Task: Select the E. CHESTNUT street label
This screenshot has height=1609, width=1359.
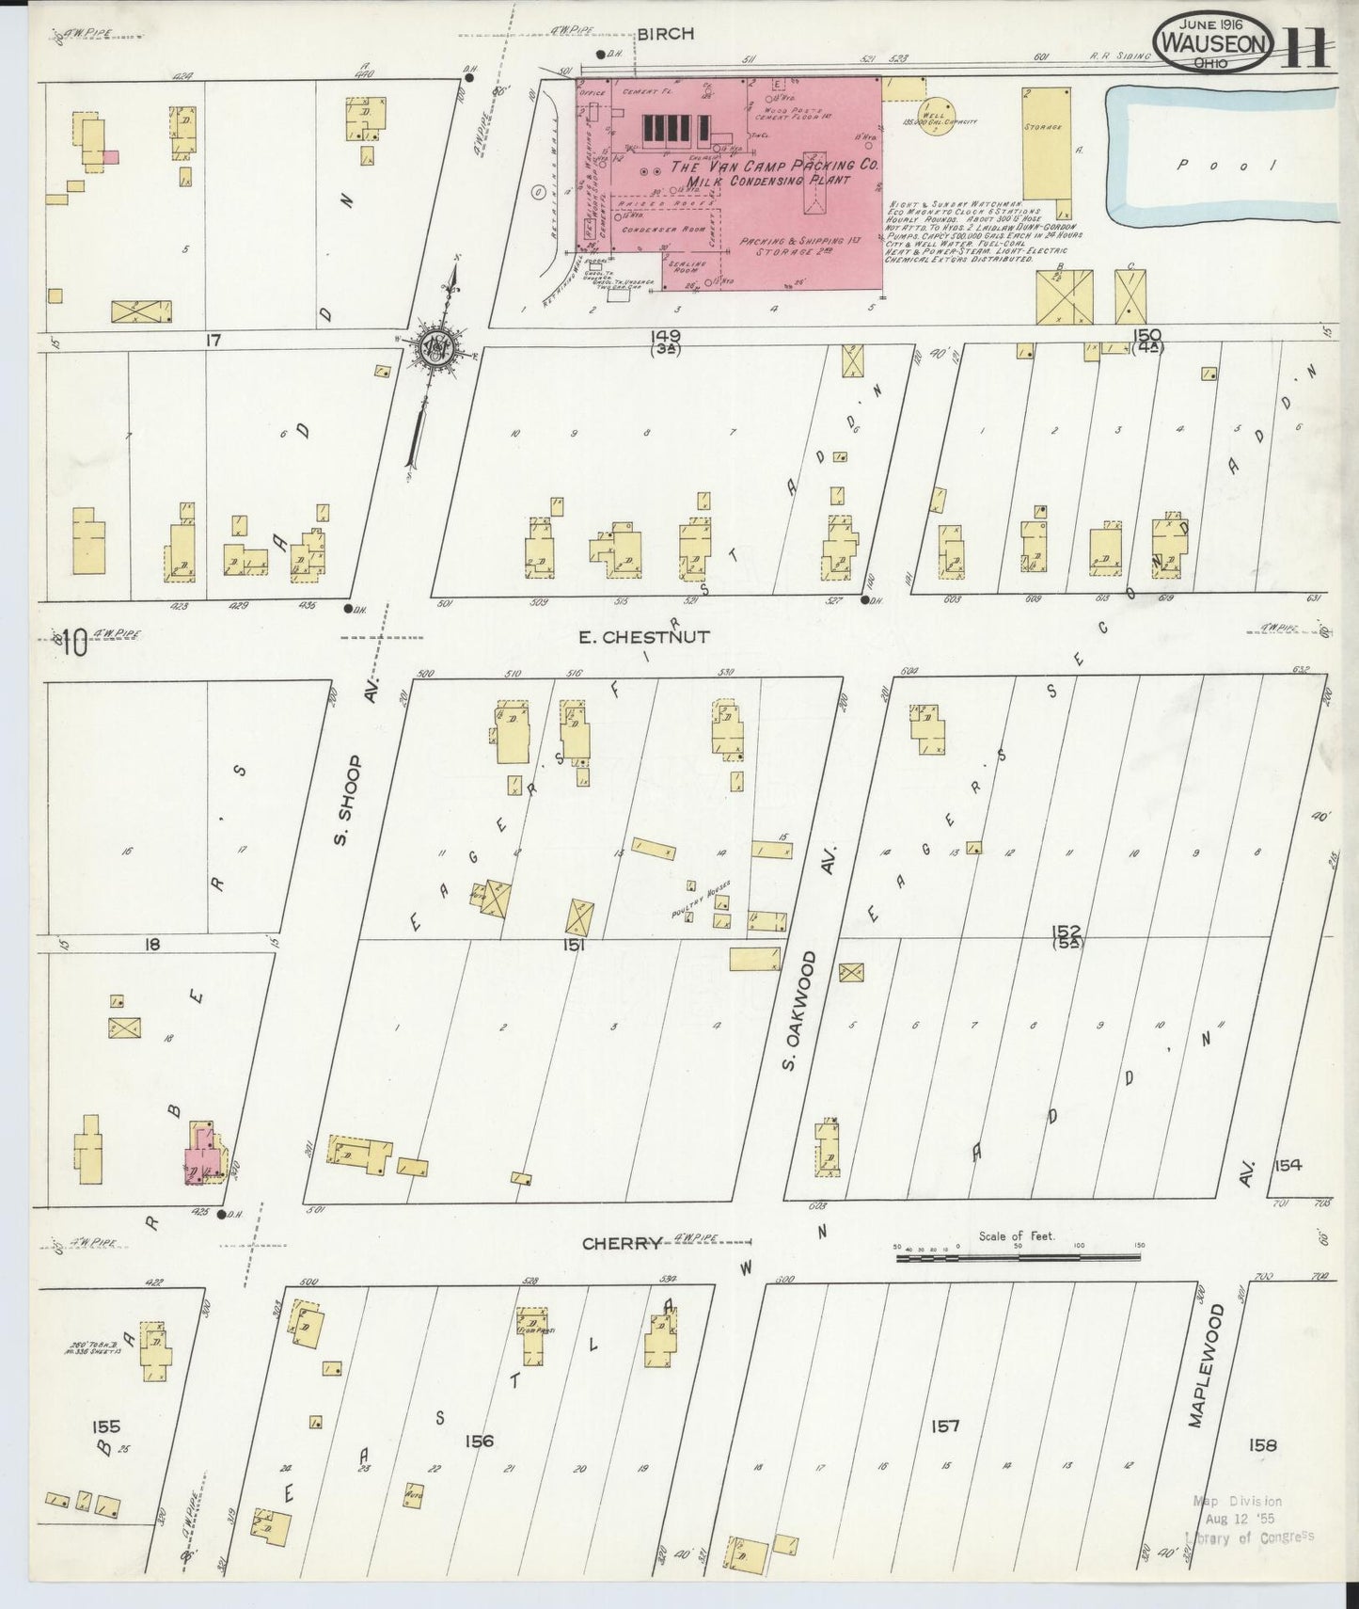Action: click(643, 637)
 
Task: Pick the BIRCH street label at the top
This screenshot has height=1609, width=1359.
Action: click(665, 34)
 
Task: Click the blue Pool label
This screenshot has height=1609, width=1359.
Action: click(1229, 165)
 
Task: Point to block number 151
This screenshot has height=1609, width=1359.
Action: click(574, 945)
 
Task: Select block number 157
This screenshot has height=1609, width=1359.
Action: click(945, 1426)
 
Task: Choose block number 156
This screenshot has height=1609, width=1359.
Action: click(479, 1440)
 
